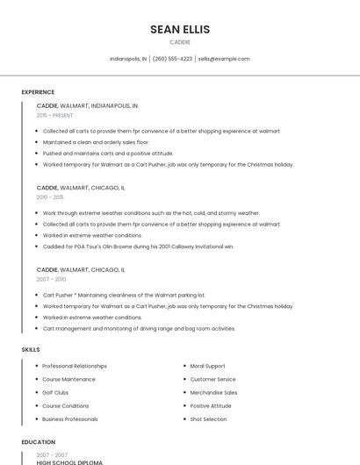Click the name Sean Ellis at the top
click(180, 29)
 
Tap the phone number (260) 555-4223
click(172, 59)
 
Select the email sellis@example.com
click(224, 59)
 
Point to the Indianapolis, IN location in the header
click(128, 59)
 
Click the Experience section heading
click(38, 92)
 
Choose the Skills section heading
click(31, 349)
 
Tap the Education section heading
click(39, 442)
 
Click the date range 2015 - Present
click(54, 115)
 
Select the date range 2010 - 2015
click(50, 197)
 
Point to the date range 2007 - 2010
click(51, 279)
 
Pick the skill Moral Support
click(207, 366)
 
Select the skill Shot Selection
click(208, 419)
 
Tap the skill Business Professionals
click(70, 419)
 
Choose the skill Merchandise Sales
click(213, 392)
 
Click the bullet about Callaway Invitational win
click(138, 247)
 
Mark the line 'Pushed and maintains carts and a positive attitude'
click(108, 153)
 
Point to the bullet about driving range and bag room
click(139, 328)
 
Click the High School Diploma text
click(69, 462)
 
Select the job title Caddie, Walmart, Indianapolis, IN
click(87, 105)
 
